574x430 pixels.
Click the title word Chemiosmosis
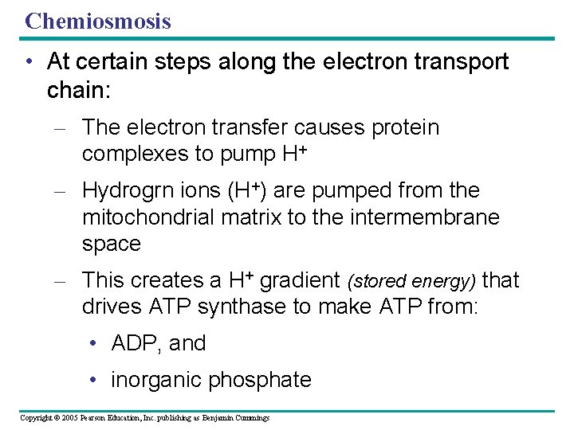tap(98, 21)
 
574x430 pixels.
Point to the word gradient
tap(300, 280)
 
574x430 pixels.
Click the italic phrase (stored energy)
tap(411, 281)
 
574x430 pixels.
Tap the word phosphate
tap(260, 380)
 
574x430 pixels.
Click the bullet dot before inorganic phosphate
tap(95, 380)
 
